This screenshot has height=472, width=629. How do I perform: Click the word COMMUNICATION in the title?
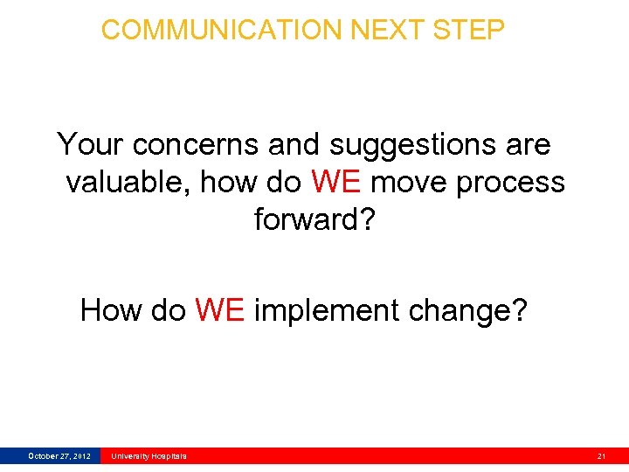(x=223, y=30)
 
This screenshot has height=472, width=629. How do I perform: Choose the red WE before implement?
(x=219, y=310)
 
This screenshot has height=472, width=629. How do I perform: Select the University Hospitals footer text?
(x=149, y=455)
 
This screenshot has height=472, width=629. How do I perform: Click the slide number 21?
(x=601, y=455)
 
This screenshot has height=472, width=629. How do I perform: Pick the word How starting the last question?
(x=109, y=310)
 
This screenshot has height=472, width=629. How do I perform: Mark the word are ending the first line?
(x=528, y=144)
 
